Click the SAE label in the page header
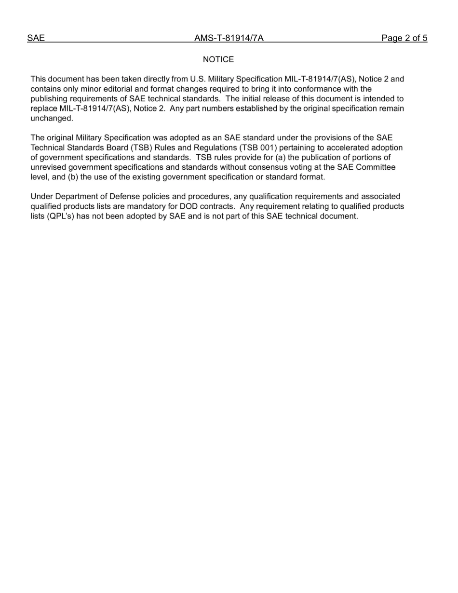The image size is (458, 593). point(36,39)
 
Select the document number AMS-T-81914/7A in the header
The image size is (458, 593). point(229,39)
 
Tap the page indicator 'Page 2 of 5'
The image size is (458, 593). point(404,39)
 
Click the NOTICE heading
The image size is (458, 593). point(218,60)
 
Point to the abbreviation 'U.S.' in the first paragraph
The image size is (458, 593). point(198,79)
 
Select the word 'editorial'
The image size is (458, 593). point(121,89)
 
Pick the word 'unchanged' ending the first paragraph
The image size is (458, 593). point(51,119)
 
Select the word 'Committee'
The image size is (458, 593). point(376,167)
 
